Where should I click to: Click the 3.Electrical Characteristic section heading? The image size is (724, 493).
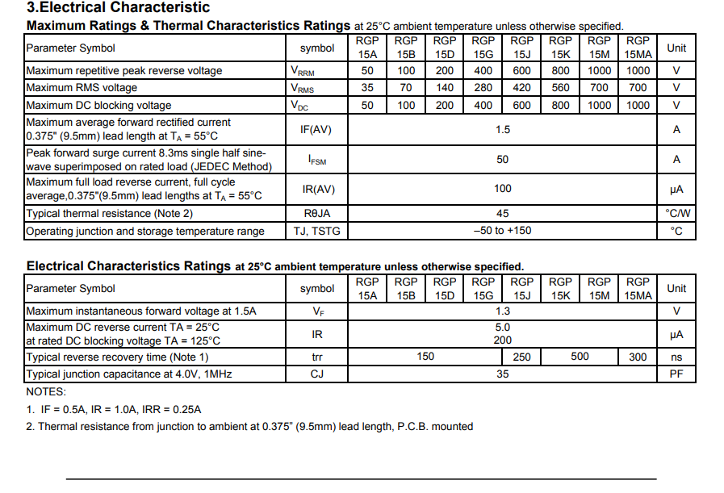[x=118, y=8]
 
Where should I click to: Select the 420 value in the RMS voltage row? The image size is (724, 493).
[x=522, y=88]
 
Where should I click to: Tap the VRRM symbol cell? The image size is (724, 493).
[x=303, y=71]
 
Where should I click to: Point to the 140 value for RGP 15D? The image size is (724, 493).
[x=445, y=88]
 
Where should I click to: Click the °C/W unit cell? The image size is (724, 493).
[x=676, y=214]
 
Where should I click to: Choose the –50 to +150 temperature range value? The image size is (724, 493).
[x=502, y=231]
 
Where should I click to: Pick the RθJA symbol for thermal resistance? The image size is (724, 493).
[x=316, y=214]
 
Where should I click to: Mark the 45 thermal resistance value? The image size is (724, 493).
[x=502, y=214]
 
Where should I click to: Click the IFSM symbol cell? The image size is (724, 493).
[x=317, y=160]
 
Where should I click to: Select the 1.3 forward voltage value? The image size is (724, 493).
[x=502, y=311]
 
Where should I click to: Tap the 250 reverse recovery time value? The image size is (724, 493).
[x=522, y=357]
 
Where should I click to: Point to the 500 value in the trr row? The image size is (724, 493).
[x=580, y=357]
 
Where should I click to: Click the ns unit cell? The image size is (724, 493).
[x=676, y=357]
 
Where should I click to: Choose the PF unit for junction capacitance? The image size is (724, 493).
[x=676, y=374]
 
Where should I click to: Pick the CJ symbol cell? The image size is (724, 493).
[x=316, y=374]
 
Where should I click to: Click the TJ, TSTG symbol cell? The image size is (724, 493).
[x=316, y=232]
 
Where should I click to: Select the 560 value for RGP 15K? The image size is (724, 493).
[x=560, y=88]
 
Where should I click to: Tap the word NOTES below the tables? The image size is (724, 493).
[x=46, y=391]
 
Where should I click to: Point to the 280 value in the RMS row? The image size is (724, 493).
[x=483, y=88]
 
